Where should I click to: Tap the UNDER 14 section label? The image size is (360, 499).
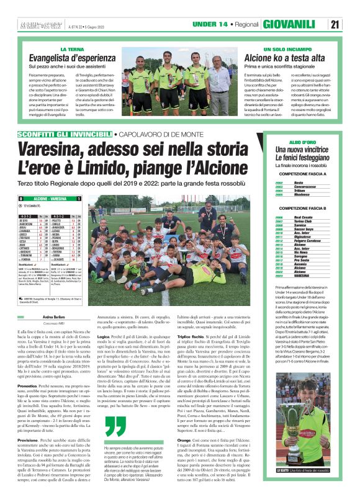click(x=210, y=24)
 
